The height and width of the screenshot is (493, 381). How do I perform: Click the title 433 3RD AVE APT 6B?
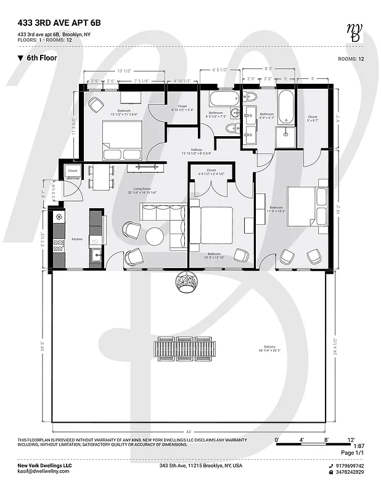click(59, 23)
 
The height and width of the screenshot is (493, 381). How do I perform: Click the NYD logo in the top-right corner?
click(354, 32)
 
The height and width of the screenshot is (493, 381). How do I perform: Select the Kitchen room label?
click(76, 239)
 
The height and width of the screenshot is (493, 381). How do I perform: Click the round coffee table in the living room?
click(154, 236)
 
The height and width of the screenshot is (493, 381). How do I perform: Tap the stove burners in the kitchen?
click(59, 246)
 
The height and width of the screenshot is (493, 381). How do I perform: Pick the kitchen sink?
click(96, 255)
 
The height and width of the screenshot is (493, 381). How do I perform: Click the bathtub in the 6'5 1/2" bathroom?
click(223, 99)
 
